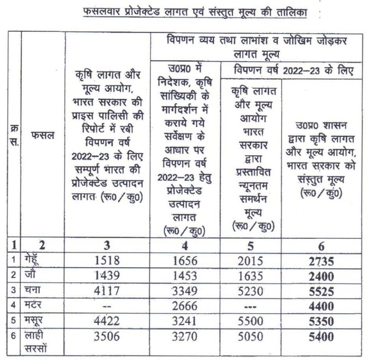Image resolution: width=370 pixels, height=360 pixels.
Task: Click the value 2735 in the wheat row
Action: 321,262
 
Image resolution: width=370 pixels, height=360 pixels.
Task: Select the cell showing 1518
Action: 107,261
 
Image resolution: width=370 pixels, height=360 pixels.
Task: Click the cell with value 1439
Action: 107,276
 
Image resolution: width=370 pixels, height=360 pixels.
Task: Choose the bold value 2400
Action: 321,276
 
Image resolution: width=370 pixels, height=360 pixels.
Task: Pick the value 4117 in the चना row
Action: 107,291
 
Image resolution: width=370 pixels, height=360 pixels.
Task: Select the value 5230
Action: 250,291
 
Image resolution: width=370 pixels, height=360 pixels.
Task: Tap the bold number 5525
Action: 321,292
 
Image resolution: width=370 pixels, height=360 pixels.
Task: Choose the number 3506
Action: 107,336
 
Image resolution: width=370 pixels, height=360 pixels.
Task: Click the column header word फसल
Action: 43,135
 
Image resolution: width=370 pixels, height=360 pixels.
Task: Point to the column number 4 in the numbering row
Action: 185,246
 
